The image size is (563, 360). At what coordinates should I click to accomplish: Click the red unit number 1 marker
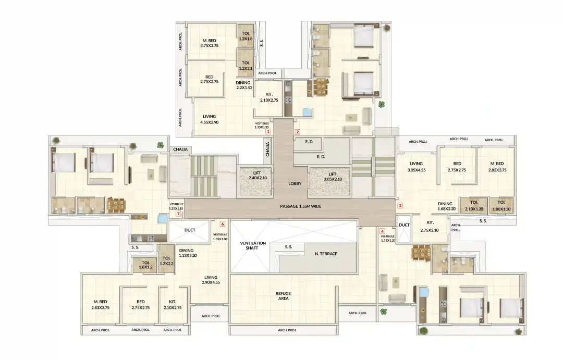click(x=268, y=132)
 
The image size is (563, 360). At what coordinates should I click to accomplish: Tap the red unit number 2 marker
click(x=298, y=132)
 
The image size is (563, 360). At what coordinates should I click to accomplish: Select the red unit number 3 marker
click(x=400, y=205)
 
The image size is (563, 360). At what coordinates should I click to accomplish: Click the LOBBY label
click(x=296, y=183)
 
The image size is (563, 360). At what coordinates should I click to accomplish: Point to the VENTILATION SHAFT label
click(x=253, y=246)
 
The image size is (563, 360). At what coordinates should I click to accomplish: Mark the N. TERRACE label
click(x=326, y=254)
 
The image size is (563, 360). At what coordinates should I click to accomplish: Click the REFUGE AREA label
click(x=283, y=296)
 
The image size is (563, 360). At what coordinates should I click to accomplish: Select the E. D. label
click(x=321, y=156)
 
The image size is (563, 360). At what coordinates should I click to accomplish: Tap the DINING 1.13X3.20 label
click(x=186, y=253)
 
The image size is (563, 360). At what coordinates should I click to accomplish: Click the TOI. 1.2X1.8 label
click(x=246, y=35)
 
